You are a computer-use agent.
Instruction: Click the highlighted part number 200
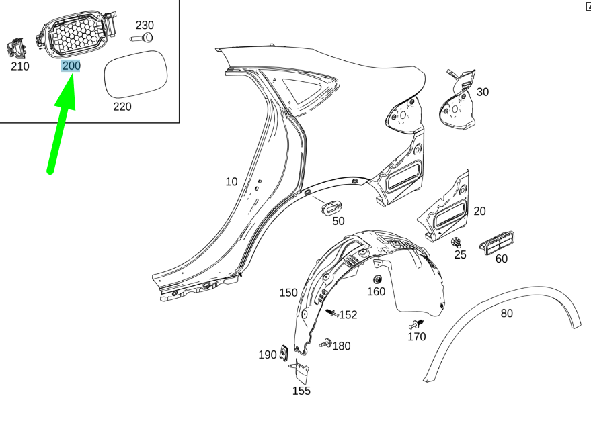(71, 66)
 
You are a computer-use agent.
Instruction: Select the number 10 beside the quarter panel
(231, 181)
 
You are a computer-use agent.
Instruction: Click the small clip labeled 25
(457, 242)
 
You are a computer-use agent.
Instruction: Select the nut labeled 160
(378, 279)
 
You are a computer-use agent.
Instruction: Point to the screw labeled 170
(416, 325)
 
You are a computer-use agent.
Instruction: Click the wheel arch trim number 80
(506, 312)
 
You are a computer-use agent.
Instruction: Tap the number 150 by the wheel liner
(288, 293)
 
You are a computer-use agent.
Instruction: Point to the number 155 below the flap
(301, 391)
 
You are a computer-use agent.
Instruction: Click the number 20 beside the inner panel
(479, 212)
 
